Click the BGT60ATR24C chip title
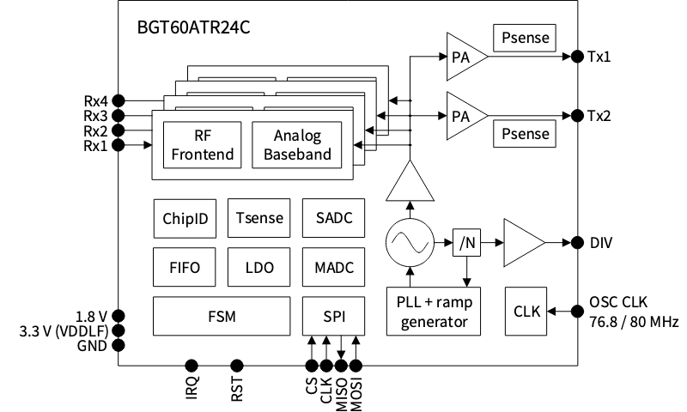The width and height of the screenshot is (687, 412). pyautogui.click(x=193, y=27)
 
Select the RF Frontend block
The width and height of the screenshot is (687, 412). pyautogui.click(x=198, y=144)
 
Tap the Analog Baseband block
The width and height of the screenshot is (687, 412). pyautogui.click(x=296, y=144)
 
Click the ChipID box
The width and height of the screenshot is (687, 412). pyautogui.click(x=185, y=218)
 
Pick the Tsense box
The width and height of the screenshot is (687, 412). pyautogui.click(x=258, y=218)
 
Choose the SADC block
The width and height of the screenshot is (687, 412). pyautogui.click(x=333, y=218)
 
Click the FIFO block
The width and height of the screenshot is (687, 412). pyautogui.click(x=185, y=267)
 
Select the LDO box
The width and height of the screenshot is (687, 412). pyautogui.click(x=258, y=267)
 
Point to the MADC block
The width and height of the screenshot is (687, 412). pyautogui.click(x=333, y=267)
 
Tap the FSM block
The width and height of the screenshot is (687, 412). pyautogui.click(x=222, y=316)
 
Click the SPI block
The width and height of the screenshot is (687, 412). pyautogui.click(x=333, y=316)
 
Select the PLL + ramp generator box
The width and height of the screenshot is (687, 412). pyautogui.click(x=434, y=312)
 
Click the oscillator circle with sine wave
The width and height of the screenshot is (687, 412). pyautogui.click(x=410, y=244)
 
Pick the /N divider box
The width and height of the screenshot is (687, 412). pyautogui.click(x=467, y=244)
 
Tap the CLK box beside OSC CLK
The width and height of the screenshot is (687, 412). pyautogui.click(x=526, y=311)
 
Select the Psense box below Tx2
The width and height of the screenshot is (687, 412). pyautogui.click(x=523, y=134)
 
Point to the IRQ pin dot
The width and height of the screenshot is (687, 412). pyautogui.click(x=192, y=367)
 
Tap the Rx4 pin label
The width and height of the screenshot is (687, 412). pyautogui.click(x=95, y=99)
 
